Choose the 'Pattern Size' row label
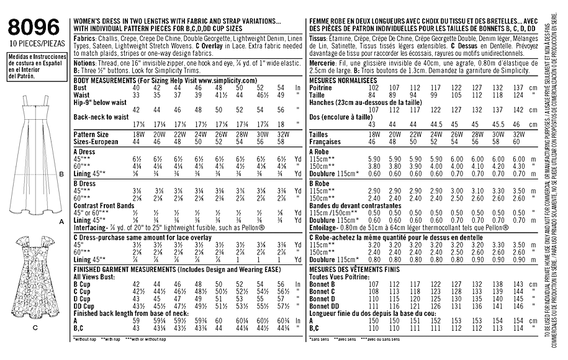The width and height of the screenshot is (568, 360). [x=91, y=134]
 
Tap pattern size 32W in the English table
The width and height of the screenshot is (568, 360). [x=281, y=134]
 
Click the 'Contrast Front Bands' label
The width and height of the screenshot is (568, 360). [x=103, y=205]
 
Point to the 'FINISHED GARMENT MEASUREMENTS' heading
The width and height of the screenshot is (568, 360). [x=133, y=269]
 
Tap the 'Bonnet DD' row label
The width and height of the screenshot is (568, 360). [x=325, y=306]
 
